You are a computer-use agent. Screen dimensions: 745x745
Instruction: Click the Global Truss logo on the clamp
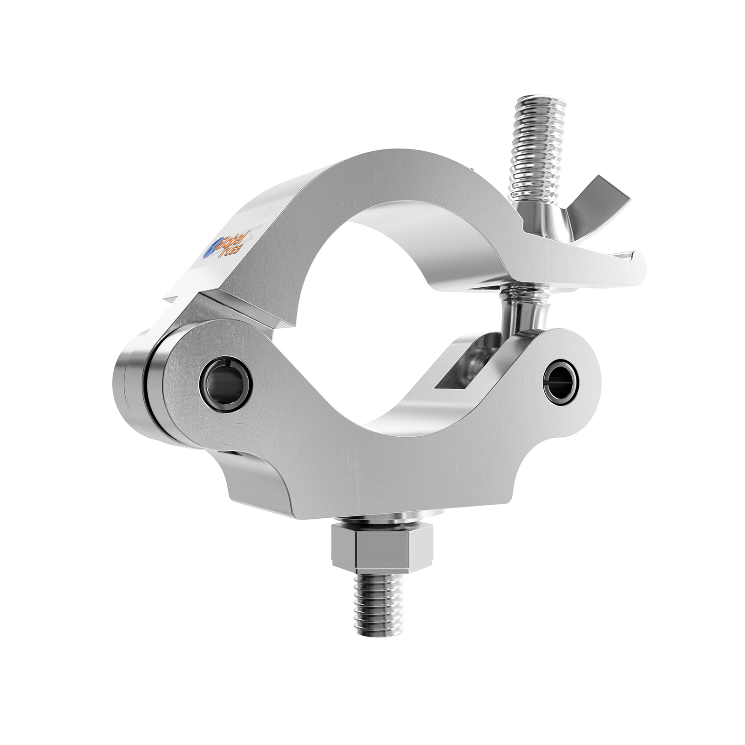[226, 245]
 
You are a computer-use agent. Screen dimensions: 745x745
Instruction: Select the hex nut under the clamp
[382, 549]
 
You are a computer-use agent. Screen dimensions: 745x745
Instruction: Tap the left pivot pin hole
[225, 385]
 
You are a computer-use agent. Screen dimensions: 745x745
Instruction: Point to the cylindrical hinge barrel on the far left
[133, 396]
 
